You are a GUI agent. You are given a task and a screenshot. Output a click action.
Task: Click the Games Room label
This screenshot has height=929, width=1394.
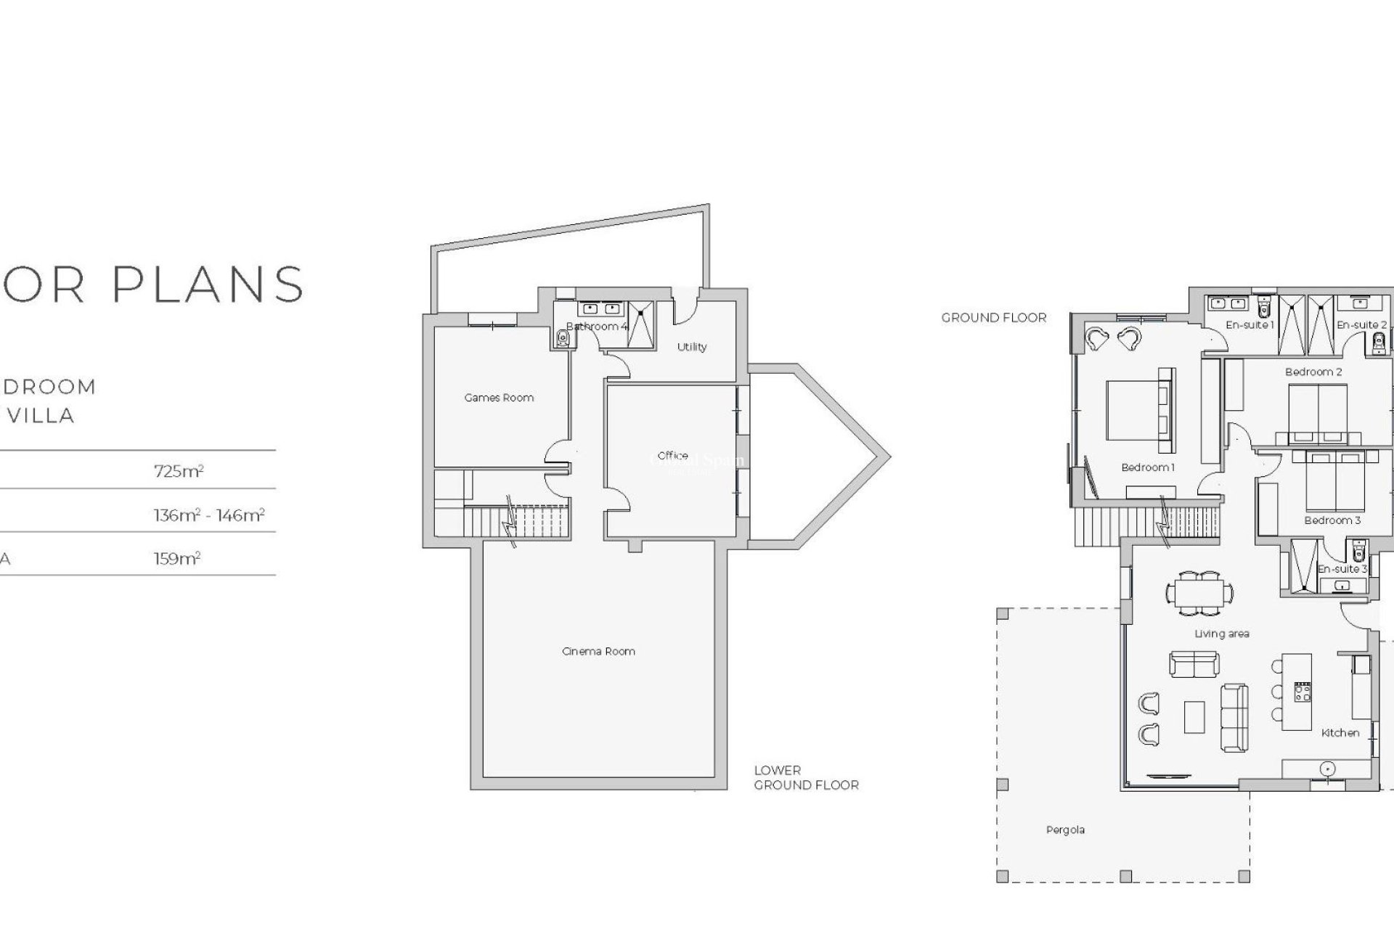tap(499, 398)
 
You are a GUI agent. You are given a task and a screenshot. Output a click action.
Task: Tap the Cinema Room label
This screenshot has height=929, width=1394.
tap(598, 652)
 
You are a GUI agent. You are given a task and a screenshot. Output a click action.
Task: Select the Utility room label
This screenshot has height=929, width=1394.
tap(691, 347)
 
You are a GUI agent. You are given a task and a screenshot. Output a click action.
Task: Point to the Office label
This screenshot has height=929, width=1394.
tap(672, 456)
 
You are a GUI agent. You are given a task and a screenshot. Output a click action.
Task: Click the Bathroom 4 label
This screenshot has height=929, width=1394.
tap(596, 327)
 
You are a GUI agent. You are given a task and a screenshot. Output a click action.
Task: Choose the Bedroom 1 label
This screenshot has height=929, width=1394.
tap(1147, 467)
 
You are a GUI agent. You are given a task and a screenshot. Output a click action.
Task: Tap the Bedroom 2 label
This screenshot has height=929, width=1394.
tap(1313, 372)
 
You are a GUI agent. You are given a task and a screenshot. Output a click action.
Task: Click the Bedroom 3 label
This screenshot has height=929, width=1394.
tap(1332, 520)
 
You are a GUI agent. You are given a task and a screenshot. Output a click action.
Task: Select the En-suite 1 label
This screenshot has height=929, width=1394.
tap(1250, 325)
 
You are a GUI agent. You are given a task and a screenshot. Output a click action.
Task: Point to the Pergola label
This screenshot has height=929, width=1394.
tap(1065, 830)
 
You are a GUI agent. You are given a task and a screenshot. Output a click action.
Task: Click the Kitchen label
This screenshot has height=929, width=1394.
tap(1340, 733)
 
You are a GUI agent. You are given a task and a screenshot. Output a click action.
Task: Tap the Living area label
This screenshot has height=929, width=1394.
tap(1222, 634)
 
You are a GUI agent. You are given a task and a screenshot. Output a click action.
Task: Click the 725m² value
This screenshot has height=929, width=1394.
tap(179, 471)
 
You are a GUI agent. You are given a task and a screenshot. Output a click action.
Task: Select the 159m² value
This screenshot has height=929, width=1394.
tap(177, 559)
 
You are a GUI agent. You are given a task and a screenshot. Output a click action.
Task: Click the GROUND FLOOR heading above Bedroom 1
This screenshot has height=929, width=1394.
tap(994, 318)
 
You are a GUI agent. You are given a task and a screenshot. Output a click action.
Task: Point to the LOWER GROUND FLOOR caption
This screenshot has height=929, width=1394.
tap(806, 778)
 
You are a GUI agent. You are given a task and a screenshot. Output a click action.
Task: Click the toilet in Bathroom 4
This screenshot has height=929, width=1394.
tap(563, 338)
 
